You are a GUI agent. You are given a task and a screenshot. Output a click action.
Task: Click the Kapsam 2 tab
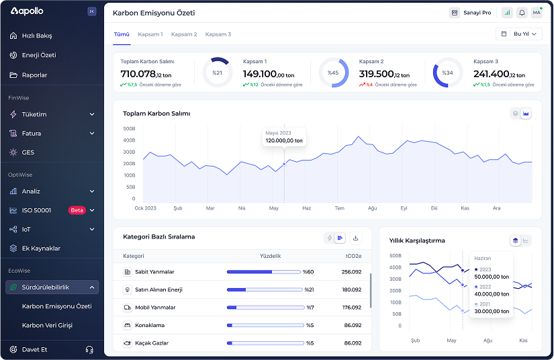tap(184, 34)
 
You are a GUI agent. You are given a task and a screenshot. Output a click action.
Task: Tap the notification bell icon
tap(522, 13)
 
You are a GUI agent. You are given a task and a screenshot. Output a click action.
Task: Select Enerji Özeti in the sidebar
tap(39, 55)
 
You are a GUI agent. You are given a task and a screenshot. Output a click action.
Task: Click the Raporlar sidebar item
tap(35, 75)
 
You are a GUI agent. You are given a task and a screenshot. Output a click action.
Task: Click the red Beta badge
tap(77, 210)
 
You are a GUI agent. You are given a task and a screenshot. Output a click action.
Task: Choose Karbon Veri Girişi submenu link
tap(47, 325)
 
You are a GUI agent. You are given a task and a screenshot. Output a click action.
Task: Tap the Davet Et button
tap(34, 349)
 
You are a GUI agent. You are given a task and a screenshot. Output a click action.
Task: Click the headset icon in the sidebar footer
tap(89, 349)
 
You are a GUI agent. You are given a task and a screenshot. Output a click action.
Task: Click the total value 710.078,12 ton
tap(146, 74)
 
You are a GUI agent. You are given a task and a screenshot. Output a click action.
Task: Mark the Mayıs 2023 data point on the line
tap(284, 165)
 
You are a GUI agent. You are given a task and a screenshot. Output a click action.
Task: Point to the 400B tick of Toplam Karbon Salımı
tap(129, 140)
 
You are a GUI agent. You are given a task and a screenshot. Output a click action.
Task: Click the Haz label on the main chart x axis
tap(307, 208)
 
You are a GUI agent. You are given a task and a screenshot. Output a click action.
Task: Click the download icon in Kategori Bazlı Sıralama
tap(355, 238)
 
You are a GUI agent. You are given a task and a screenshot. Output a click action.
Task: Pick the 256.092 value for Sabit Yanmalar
tap(352, 272)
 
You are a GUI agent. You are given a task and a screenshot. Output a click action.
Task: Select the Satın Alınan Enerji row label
tap(158, 289)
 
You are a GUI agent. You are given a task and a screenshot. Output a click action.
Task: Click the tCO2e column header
tap(353, 256)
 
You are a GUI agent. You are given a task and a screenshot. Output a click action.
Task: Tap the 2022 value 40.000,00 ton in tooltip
tap(492, 294)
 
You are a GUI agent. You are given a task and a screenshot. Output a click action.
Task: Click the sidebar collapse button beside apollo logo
tap(92, 11)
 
